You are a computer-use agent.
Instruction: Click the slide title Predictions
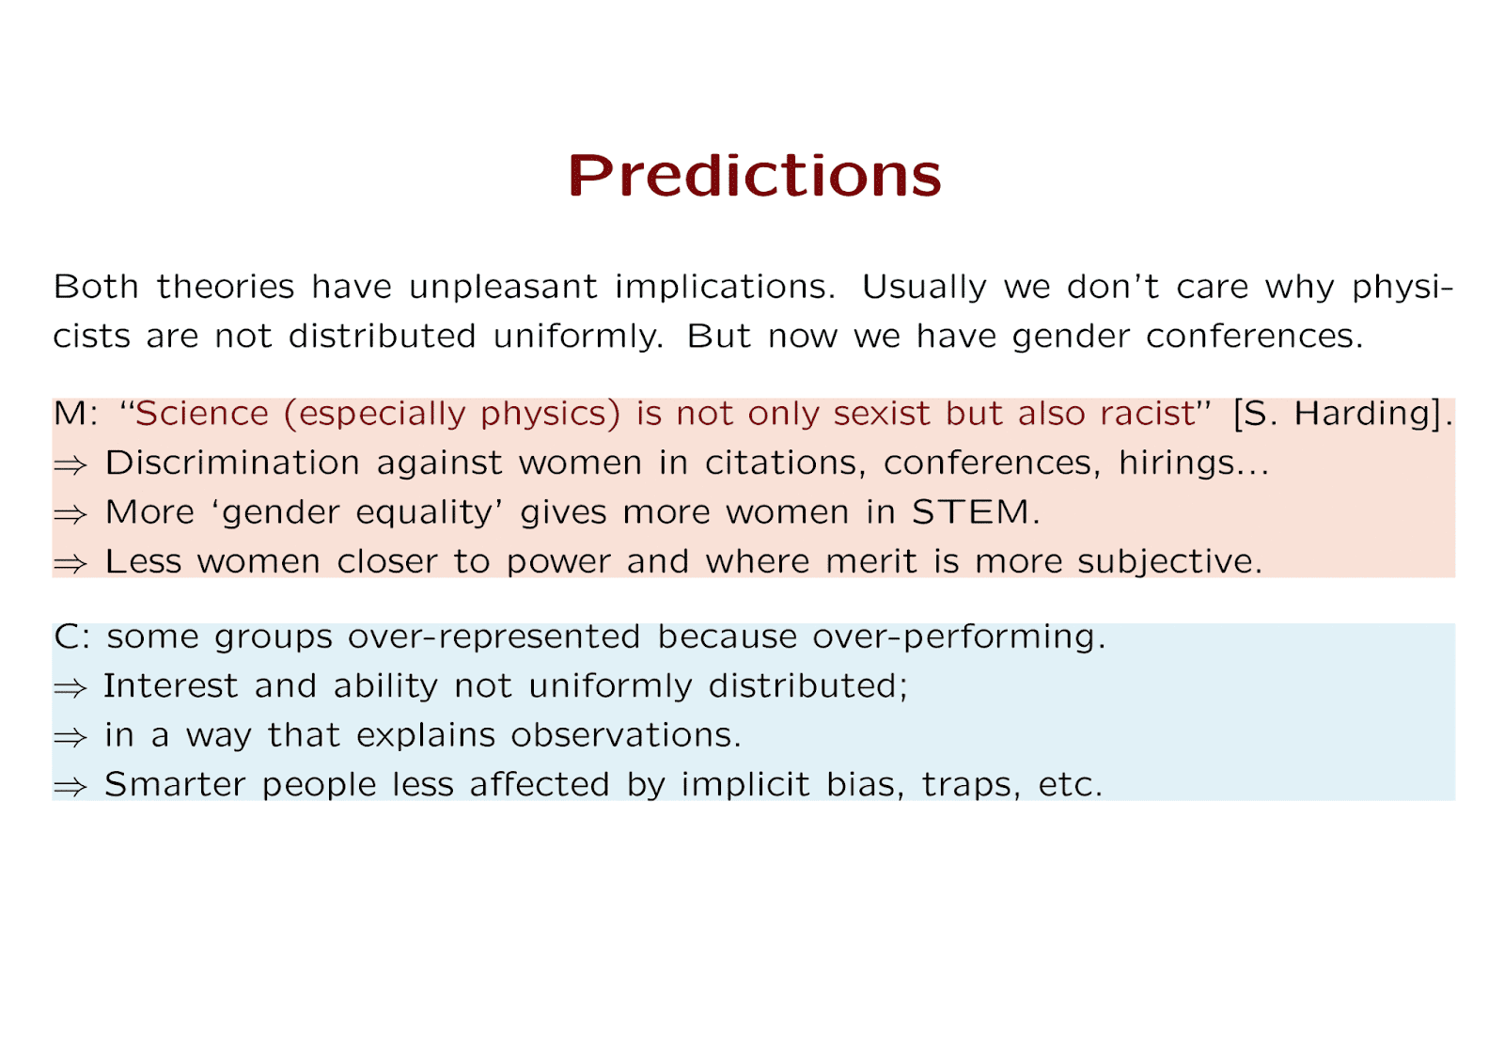[755, 175]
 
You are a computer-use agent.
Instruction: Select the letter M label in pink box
[70, 414]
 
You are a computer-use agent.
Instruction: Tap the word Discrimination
[232, 463]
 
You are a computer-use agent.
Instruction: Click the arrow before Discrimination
[70, 465]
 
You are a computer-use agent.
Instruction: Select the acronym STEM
[970, 512]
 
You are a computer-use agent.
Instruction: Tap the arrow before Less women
[70, 564]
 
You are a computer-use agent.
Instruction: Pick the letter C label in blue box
[68, 636]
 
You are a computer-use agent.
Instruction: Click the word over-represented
[494, 637]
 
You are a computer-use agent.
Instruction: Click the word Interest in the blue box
[170, 686]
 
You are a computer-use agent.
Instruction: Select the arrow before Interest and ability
[70, 688]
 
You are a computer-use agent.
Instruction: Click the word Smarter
[175, 784]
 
